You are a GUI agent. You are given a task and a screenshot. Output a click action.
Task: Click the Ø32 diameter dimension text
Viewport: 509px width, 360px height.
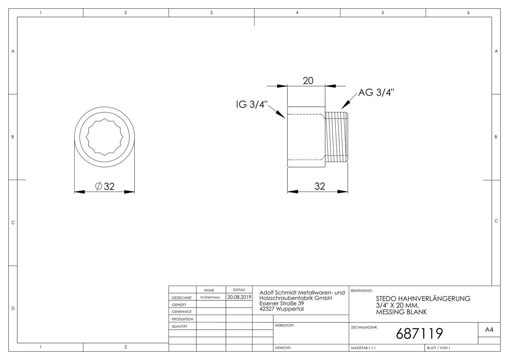[105, 186]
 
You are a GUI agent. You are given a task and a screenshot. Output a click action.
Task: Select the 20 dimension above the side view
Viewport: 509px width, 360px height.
[308, 81]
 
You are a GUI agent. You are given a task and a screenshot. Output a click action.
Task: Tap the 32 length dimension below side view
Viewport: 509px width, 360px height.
[320, 186]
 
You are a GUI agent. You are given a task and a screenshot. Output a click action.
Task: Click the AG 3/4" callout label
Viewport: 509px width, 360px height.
[376, 93]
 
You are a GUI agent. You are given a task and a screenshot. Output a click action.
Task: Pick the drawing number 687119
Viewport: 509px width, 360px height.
[419, 334]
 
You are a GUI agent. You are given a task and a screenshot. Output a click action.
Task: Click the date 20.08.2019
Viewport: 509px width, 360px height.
[239, 297]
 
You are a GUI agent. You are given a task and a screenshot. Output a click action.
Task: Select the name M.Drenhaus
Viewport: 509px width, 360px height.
[210, 297]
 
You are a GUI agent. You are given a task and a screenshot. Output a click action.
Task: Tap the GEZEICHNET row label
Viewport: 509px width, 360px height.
[182, 298]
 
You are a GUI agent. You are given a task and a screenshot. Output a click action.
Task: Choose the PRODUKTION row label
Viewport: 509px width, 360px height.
[183, 319]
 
